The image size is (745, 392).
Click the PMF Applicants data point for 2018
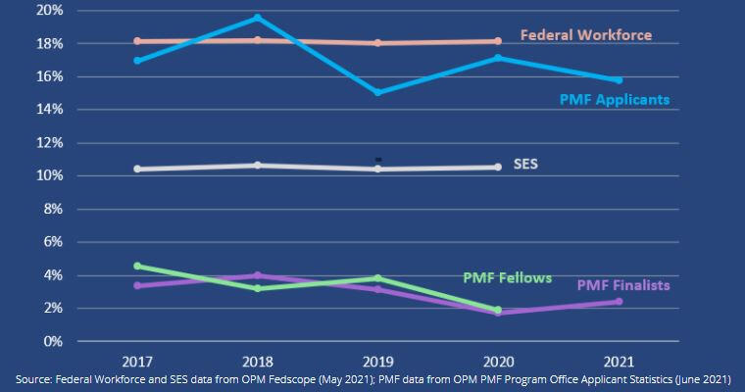point(257,18)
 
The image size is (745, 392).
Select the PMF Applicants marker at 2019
point(377,92)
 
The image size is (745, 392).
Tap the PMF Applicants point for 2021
point(619,80)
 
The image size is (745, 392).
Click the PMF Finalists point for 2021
point(619,302)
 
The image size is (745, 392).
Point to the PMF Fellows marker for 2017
point(137,266)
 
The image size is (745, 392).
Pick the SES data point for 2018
point(257,165)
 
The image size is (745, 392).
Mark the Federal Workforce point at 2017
point(137,41)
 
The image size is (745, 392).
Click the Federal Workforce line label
point(585,35)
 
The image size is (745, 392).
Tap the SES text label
point(525,164)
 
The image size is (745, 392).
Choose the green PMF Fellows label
point(507,277)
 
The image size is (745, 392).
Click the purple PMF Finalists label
point(622,285)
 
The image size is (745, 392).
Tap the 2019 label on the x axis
point(377,358)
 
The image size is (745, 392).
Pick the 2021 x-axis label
point(619,358)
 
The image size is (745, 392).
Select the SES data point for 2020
point(498,168)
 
